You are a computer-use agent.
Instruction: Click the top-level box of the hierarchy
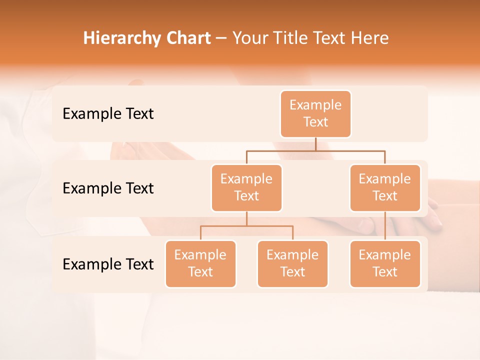(315, 113)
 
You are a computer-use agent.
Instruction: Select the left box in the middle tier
(246, 187)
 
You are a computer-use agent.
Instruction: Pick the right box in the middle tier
(385, 187)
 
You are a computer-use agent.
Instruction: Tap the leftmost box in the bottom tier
(200, 263)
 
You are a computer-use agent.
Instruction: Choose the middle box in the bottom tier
(292, 263)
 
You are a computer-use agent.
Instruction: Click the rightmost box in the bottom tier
(385, 263)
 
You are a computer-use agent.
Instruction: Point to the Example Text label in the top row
(108, 114)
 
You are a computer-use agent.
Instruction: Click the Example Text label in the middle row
(108, 188)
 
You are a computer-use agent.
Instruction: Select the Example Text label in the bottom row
(108, 264)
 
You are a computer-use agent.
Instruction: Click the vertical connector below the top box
(315, 144)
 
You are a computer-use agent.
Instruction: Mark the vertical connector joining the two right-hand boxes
(385, 226)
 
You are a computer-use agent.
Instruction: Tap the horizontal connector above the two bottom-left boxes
(246, 226)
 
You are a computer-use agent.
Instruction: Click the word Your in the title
(248, 38)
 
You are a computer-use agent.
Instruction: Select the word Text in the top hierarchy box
(315, 122)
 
